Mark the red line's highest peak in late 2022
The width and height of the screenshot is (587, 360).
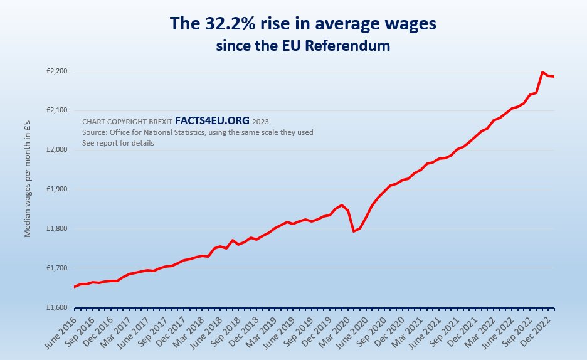click(542, 72)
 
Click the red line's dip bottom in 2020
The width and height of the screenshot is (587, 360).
click(354, 231)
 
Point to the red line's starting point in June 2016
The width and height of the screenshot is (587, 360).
click(75, 287)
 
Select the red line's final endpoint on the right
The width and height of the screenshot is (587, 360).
click(554, 77)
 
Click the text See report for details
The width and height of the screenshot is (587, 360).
click(118, 143)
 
